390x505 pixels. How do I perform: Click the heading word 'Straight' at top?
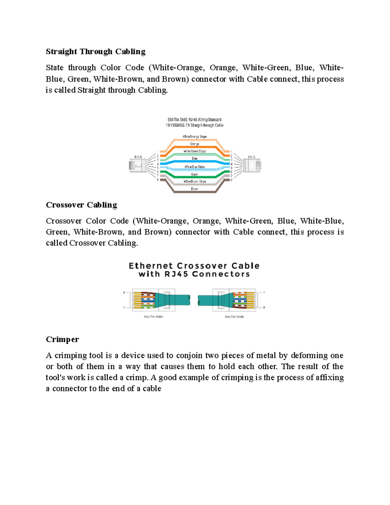pos(61,51)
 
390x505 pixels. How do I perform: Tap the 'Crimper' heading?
pos(62,339)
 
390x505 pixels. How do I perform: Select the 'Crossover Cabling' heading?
pos(81,205)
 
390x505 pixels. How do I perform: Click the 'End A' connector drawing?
pos(137,166)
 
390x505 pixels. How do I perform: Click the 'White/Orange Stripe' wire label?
pos(194,137)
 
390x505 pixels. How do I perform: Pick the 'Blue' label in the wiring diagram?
pos(194,158)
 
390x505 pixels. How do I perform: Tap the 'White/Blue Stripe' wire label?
pos(194,167)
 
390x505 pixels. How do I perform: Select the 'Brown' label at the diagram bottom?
pos(194,189)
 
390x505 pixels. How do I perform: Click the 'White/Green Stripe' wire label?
pos(194,151)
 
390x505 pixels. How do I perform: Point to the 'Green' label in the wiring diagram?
pos(194,174)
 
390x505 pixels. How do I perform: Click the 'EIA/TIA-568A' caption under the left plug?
pos(153,316)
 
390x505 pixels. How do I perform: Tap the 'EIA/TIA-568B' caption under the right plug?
pos(234,316)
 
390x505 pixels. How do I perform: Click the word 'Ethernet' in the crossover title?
pos(150,266)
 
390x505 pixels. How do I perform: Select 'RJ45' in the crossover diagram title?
pos(176,274)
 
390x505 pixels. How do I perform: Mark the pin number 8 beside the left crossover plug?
pos(124,293)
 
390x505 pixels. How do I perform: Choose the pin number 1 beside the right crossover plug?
pos(264,293)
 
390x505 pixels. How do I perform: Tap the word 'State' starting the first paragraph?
pos(55,68)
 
